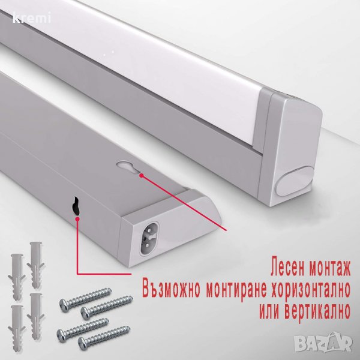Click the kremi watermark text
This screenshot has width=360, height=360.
pyautogui.click(x=32, y=19)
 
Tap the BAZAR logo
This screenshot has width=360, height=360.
pyautogui.click(x=323, y=343)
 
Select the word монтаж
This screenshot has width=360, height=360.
pyautogui.click(x=330, y=268)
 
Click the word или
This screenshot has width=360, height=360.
pyautogui.click(x=269, y=311)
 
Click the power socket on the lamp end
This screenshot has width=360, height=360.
pyautogui.click(x=149, y=238)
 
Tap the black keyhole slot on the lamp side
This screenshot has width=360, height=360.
pyautogui.click(x=76, y=206)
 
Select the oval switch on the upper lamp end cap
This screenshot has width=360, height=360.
pyautogui.click(x=295, y=181)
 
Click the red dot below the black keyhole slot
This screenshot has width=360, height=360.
pyautogui.click(x=77, y=219)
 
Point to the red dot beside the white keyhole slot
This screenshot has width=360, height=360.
pyautogui.click(x=142, y=176)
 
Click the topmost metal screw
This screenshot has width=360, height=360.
pyautogui.click(x=85, y=299)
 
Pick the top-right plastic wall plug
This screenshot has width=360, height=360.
pyautogui.click(x=36, y=265)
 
